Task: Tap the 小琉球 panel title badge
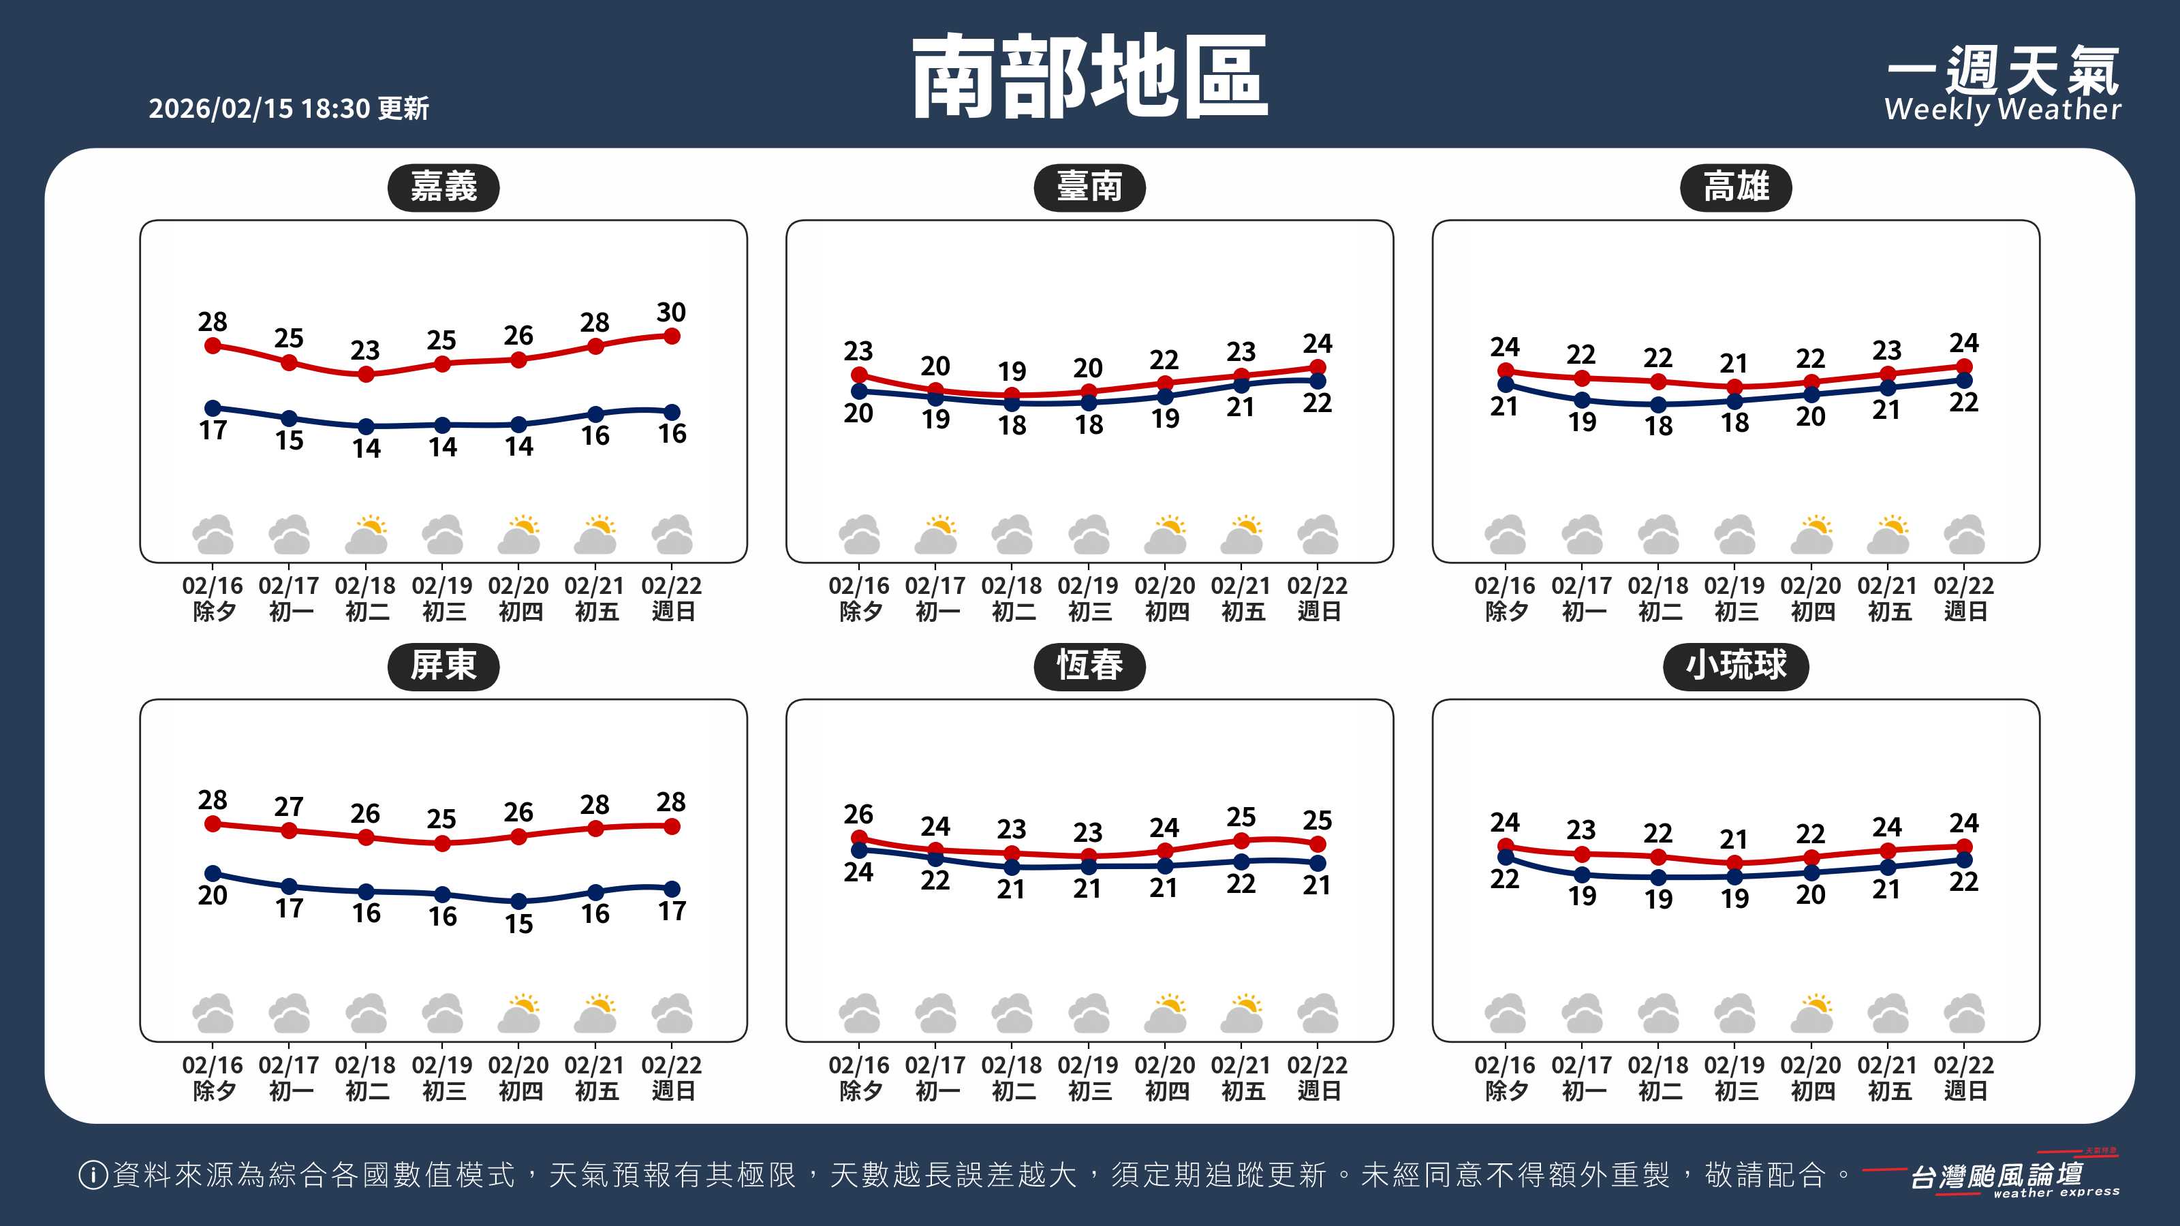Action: (x=1736, y=666)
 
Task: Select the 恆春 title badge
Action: (x=1089, y=666)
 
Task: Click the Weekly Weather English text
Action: (x=2002, y=110)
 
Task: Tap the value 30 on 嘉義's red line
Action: (x=671, y=312)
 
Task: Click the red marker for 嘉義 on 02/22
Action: (x=672, y=336)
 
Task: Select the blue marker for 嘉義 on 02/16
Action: (x=213, y=408)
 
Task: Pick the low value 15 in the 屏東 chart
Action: (x=518, y=923)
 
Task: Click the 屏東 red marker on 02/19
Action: (x=441, y=844)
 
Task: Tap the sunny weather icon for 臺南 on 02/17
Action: (x=936, y=535)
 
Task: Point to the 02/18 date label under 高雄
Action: (x=1658, y=586)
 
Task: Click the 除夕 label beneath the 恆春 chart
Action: (x=860, y=1090)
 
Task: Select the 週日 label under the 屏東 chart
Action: (x=673, y=1090)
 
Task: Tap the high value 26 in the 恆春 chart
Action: (x=858, y=814)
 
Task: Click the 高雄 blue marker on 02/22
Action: (x=1964, y=381)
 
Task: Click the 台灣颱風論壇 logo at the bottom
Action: (x=1997, y=1177)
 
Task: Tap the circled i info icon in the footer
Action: (x=92, y=1174)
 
